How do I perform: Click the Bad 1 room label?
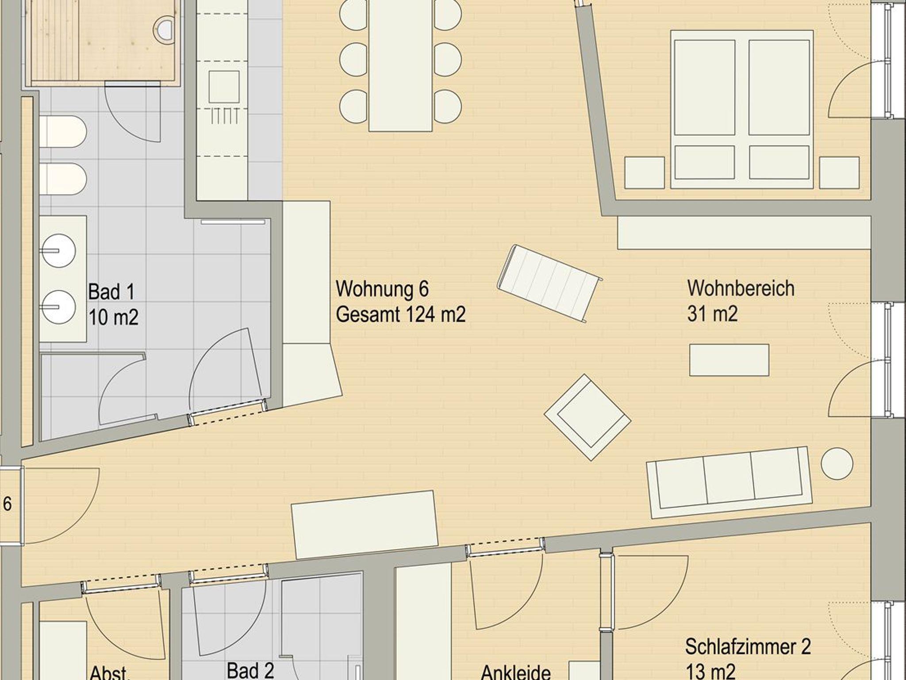tap(111, 292)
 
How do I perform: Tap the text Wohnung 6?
tap(382, 289)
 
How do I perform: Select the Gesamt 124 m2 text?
tap(400, 315)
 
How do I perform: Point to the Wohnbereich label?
tap(741, 289)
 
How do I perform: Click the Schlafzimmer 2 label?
tap(748, 647)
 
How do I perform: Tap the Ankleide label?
tap(516, 672)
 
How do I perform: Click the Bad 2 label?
tap(250, 670)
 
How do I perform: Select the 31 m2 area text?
tap(712, 314)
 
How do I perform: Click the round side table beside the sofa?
tap(837, 463)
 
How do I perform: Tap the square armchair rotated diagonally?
tap(587, 417)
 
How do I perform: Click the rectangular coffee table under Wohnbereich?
tap(729, 360)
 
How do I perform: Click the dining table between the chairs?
tap(400, 65)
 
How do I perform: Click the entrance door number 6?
tap(8, 504)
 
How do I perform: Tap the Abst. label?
tap(109, 673)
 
